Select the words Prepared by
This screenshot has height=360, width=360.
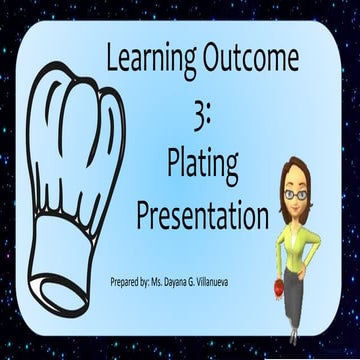coord(133,283)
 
